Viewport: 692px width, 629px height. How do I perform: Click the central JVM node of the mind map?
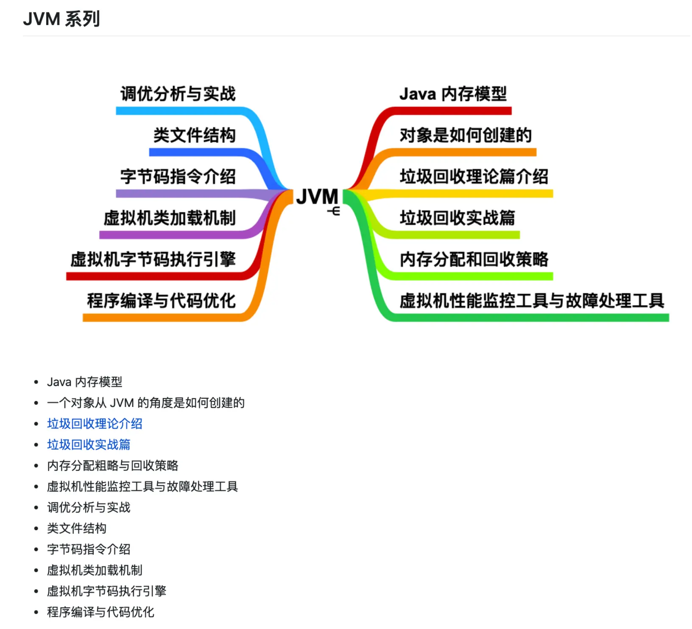pyautogui.click(x=317, y=197)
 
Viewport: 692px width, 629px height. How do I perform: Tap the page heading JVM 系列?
pyautogui.click(x=61, y=19)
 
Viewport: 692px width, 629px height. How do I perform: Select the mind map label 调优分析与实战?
pyautogui.click(x=178, y=94)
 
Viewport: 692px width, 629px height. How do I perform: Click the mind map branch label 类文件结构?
pyautogui.click(x=194, y=135)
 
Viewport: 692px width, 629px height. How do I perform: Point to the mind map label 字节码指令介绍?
pyautogui.click(x=178, y=176)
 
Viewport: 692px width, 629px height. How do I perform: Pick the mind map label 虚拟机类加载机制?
pyautogui.click(x=169, y=218)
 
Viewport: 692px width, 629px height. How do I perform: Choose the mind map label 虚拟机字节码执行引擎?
pyautogui.click(x=153, y=259)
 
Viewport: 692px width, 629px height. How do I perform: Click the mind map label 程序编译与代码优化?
pyautogui.click(x=161, y=301)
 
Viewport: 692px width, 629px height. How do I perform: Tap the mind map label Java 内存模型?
pyautogui.click(x=453, y=94)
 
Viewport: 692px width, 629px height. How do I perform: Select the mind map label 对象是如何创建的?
pyautogui.click(x=465, y=135)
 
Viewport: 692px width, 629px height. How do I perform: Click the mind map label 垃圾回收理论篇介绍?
pyautogui.click(x=474, y=176)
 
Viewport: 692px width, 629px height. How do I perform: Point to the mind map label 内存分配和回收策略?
pyautogui.click(x=474, y=259)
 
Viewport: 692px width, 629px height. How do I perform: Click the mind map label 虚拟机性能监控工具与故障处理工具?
pyautogui.click(x=532, y=301)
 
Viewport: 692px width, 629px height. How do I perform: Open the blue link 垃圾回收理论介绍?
pyautogui.click(x=95, y=423)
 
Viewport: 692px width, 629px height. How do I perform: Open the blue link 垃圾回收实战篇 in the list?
pyautogui.click(x=89, y=444)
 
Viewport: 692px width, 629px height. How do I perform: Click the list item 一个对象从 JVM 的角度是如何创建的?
pyautogui.click(x=146, y=403)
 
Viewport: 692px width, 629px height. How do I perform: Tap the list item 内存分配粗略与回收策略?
pyautogui.click(x=113, y=465)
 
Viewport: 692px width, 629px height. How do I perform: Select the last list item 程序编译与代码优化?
pyautogui.click(x=100, y=612)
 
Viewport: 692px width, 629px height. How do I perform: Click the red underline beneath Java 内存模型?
pyautogui.click(x=449, y=111)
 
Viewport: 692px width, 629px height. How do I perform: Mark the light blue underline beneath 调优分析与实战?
pyautogui.click(x=182, y=111)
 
